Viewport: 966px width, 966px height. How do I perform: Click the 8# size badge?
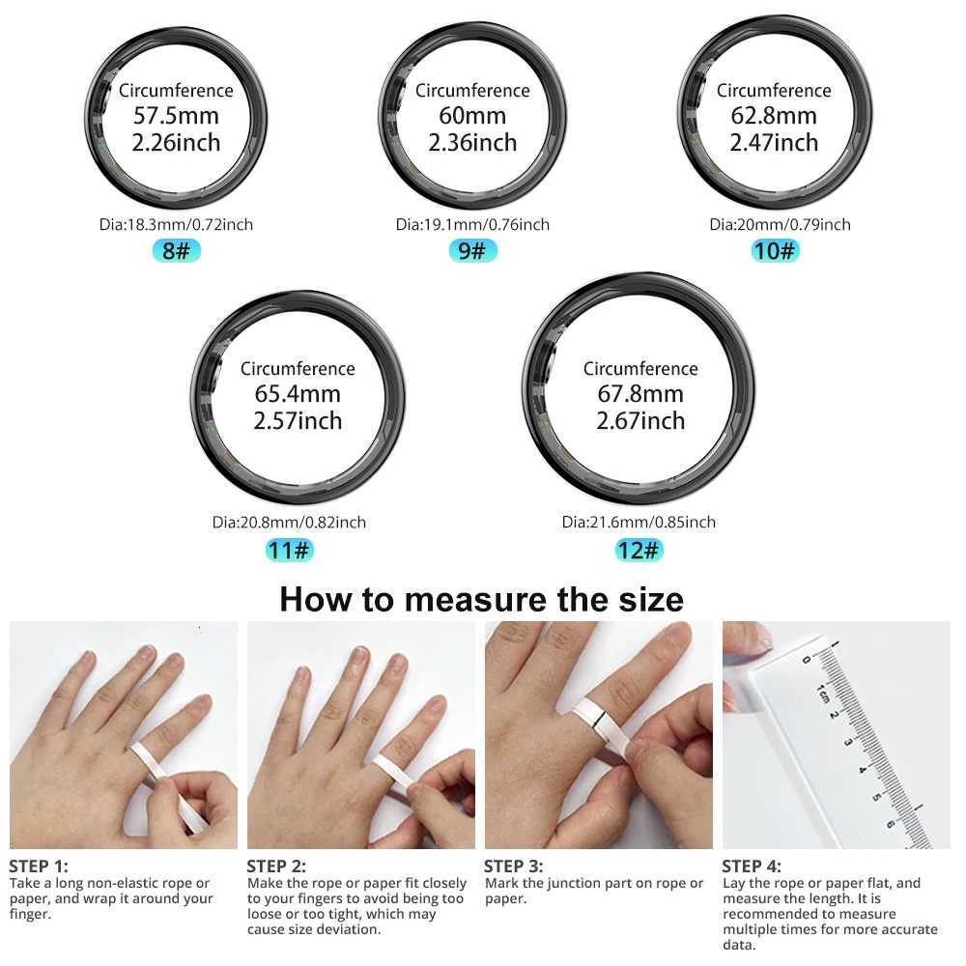coord(177,252)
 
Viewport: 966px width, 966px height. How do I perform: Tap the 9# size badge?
coord(472,252)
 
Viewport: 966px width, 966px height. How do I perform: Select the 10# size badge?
coord(775,252)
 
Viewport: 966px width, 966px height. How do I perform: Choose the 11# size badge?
coord(289,551)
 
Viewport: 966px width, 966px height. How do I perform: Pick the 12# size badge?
coord(639,551)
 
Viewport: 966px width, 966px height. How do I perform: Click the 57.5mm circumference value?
coord(176,116)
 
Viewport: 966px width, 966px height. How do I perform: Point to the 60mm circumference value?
coord(472,116)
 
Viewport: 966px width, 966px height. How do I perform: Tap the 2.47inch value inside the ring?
coord(774,143)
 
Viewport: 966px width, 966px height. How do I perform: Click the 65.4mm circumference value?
coord(298,394)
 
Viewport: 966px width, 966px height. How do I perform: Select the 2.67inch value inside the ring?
coord(640,421)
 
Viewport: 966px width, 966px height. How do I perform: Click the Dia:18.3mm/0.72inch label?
coord(176,225)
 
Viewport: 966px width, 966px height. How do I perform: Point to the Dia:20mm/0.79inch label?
coord(780,225)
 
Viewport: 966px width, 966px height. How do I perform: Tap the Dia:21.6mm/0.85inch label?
coord(639,523)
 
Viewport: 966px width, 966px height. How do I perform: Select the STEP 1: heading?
coord(39,866)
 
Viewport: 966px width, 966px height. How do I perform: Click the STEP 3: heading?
coord(513,866)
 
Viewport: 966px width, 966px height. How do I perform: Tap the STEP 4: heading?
coord(752,866)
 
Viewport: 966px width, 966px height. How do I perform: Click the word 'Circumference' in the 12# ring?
coord(640,369)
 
